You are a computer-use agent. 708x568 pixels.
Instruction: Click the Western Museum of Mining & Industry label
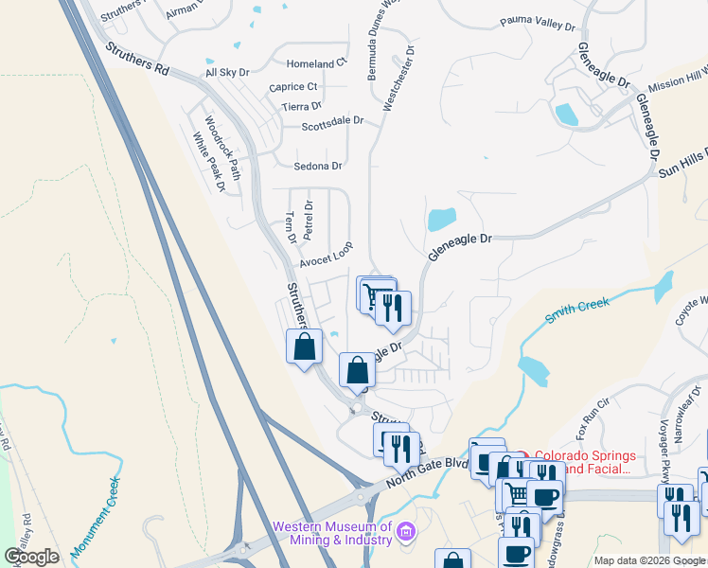(331, 533)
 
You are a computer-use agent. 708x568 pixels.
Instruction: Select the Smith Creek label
(575, 310)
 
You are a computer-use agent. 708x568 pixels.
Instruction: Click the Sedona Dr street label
(318, 167)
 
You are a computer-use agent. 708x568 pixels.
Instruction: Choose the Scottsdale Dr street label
(332, 122)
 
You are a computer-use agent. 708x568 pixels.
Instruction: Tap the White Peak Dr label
(208, 162)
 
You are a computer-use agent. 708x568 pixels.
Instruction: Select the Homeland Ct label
(317, 63)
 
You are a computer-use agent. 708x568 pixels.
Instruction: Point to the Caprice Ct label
(292, 87)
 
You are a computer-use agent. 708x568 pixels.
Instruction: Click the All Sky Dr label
(227, 72)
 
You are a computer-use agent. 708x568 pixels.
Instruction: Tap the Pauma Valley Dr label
(537, 25)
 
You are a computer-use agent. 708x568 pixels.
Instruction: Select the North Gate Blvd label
(425, 472)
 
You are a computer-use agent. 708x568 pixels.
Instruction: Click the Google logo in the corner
(31, 557)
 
